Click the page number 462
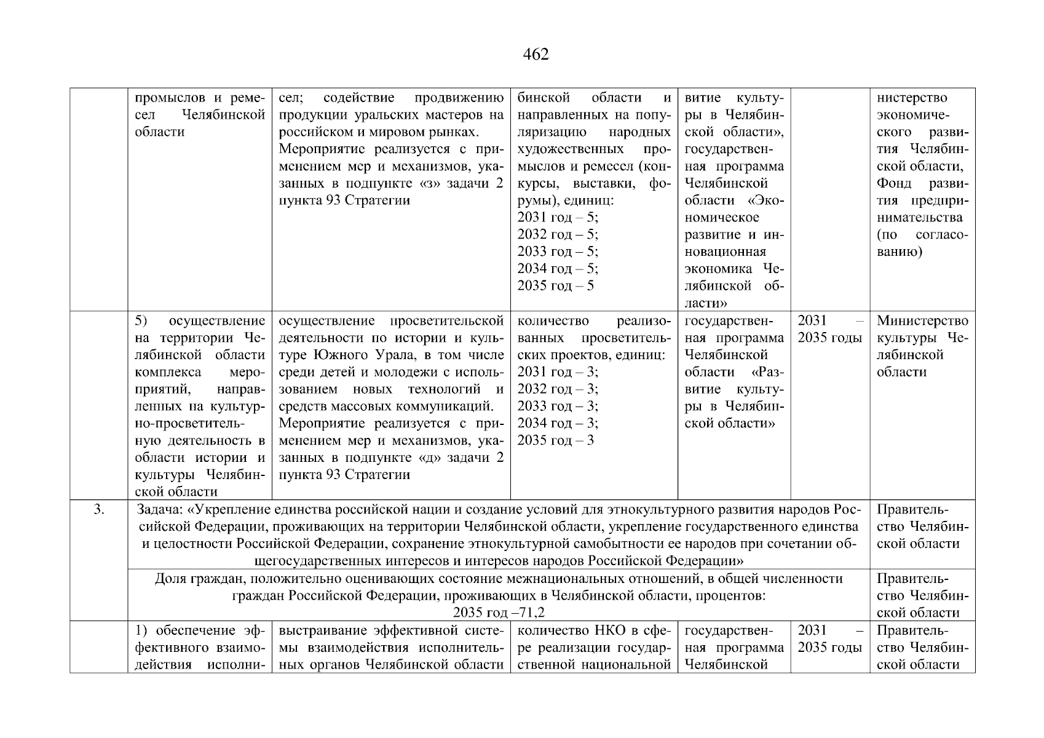click(536, 55)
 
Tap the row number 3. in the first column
click(98, 509)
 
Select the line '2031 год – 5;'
click(558, 218)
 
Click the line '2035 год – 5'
click(556, 286)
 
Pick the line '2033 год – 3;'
click(558, 406)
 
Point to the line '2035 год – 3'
click(556, 440)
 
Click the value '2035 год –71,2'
click(499, 613)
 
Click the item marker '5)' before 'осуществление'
click(141, 321)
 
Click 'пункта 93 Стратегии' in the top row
click(344, 201)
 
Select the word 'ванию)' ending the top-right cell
click(899, 252)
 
